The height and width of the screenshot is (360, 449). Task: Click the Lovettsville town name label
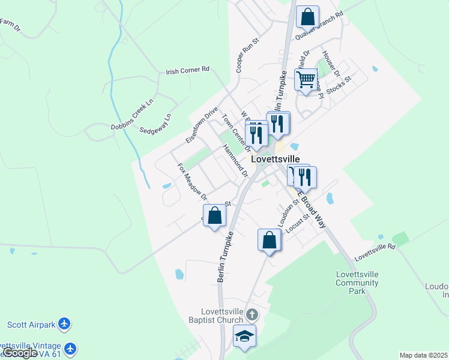tap(275, 160)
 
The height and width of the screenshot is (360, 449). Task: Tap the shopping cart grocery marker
tap(306, 79)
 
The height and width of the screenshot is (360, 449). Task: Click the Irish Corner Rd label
tap(187, 70)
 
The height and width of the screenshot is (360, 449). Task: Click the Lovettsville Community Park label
tap(357, 283)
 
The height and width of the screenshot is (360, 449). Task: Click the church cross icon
tap(252, 314)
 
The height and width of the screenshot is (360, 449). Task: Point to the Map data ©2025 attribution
tap(423, 355)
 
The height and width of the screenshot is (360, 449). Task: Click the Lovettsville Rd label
tap(375, 251)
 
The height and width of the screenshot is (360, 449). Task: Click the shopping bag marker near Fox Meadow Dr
tap(214, 215)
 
